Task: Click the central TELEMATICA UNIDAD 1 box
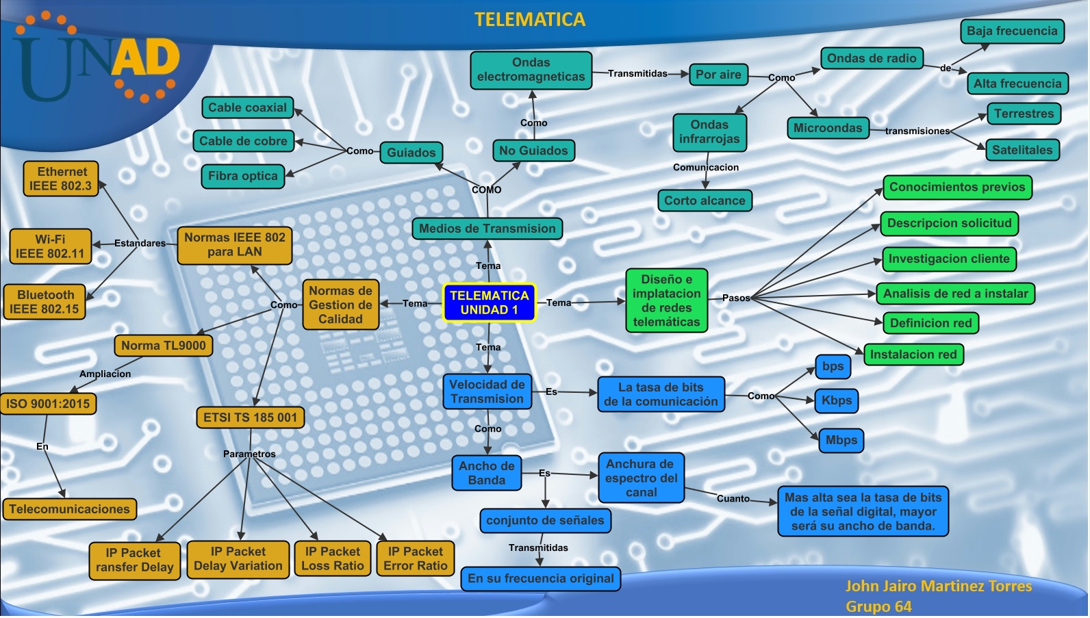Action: (x=489, y=302)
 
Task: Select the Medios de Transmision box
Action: (x=487, y=229)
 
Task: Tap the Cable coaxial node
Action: (x=247, y=107)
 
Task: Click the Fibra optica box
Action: (x=242, y=176)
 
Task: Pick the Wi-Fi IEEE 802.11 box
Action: (x=50, y=246)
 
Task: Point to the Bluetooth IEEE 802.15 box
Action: (x=45, y=302)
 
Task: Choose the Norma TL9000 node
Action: (x=163, y=346)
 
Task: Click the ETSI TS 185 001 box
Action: (x=250, y=417)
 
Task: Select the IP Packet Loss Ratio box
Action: (x=332, y=559)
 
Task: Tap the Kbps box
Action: (x=836, y=400)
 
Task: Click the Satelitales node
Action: (x=1022, y=150)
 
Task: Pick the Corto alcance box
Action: (x=704, y=201)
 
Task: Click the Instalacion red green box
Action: (x=913, y=355)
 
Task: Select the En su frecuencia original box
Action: (x=540, y=578)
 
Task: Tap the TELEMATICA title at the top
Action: (x=530, y=20)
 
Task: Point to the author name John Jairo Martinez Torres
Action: (x=938, y=586)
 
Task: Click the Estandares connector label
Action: (x=140, y=243)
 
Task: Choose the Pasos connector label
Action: (x=736, y=298)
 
